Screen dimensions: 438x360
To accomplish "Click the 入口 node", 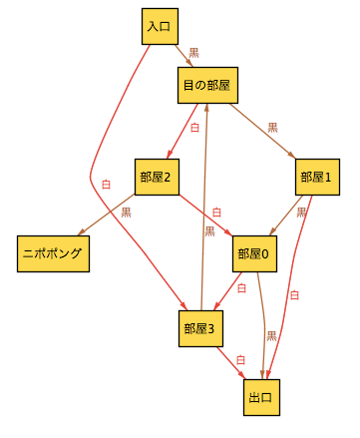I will coord(159,27).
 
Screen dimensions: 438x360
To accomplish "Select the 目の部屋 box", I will coord(206,86).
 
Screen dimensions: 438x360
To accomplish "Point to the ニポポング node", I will coord(53,253).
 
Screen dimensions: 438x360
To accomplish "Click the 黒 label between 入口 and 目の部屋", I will coord(193,52).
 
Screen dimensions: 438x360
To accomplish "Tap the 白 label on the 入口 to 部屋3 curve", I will coord(107,184).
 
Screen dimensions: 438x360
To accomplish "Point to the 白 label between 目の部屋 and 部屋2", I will coord(194,128).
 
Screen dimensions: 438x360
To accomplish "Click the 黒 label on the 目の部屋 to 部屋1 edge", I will coord(272,128).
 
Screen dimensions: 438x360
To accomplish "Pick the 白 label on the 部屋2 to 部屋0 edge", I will coord(216,213).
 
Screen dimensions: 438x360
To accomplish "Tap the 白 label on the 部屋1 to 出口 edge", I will coord(293,294).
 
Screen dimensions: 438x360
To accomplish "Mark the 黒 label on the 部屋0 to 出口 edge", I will coord(271,336).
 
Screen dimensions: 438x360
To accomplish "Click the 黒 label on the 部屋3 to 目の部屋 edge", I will coord(209,231).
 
